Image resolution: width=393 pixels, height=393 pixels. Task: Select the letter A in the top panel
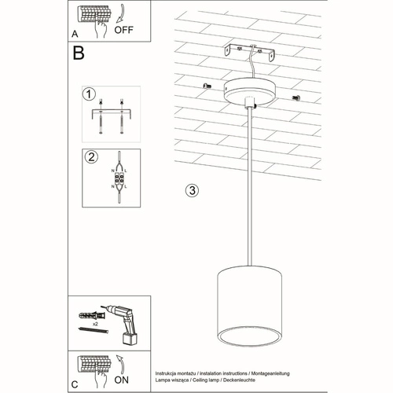(74, 35)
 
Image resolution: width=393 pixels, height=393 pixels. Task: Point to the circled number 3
(191, 191)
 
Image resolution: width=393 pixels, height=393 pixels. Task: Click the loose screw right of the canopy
(296, 97)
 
